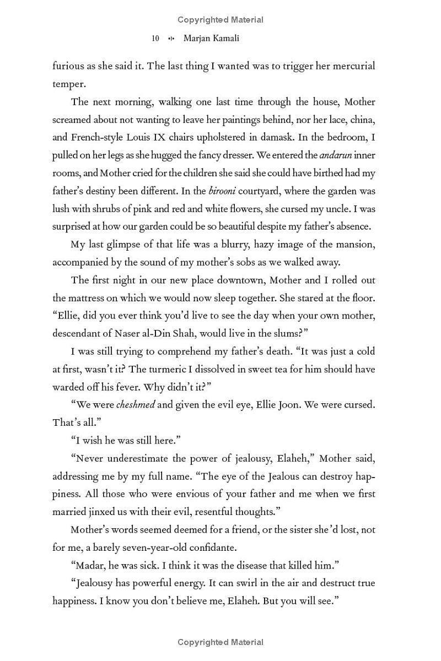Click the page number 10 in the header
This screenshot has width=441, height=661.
point(155,39)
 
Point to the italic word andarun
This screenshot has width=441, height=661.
point(336,155)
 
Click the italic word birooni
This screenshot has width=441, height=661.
point(223,191)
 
